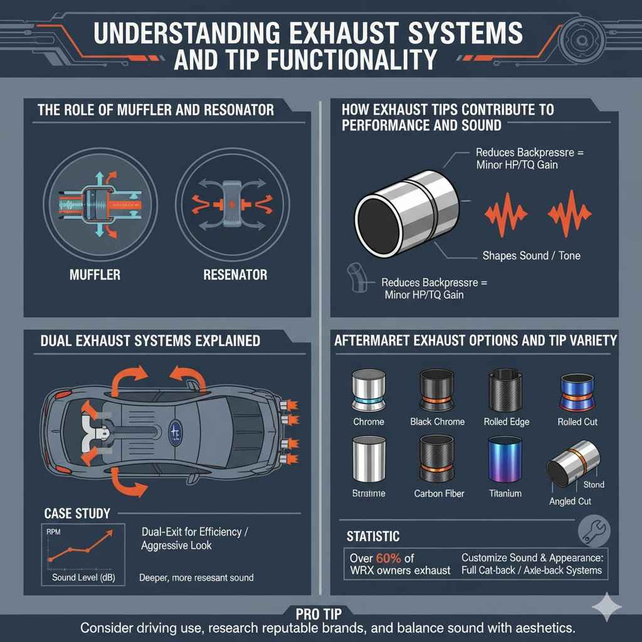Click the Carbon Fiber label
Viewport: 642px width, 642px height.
[439, 493]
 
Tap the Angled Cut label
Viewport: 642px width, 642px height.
[570, 501]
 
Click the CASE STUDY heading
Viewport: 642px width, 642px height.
[77, 513]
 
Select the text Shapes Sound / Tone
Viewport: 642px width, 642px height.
[531, 255]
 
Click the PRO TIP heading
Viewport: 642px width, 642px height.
[320, 612]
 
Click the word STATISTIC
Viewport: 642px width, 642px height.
[373, 537]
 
